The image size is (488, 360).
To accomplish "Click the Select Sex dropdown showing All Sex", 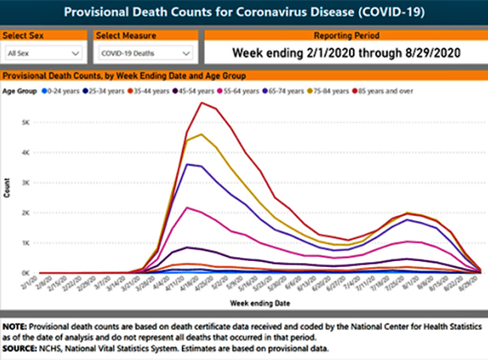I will point(43,53).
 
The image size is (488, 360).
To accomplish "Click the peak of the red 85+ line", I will point(201,103).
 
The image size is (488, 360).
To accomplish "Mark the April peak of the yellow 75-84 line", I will point(201,134).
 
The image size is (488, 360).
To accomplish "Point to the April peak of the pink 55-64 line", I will point(187,208).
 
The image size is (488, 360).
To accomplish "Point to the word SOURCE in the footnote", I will point(20,349).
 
